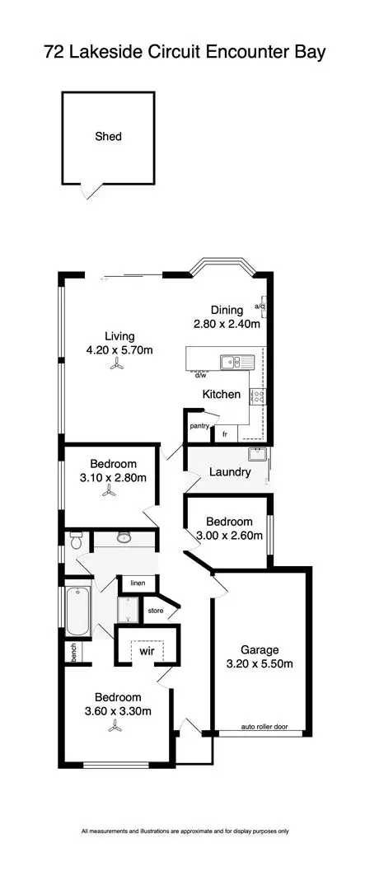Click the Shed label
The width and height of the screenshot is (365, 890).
pyautogui.click(x=107, y=137)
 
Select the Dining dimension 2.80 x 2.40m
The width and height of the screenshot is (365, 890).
pyautogui.click(x=227, y=324)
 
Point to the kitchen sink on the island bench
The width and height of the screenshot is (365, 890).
pyautogui.click(x=230, y=361)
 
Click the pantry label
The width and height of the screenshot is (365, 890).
pyautogui.click(x=199, y=426)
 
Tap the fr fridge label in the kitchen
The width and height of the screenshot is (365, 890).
pyautogui.click(x=224, y=433)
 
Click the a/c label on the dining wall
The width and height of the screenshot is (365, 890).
pyautogui.click(x=260, y=307)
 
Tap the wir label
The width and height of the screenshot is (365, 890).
pyautogui.click(x=147, y=650)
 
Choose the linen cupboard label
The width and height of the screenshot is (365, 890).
pyautogui.click(x=138, y=583)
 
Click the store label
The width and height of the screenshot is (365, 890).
pyautogui.click(x=154, y=611)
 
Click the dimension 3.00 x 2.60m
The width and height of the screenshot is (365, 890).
pyautogui.click(x=228, y=535)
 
